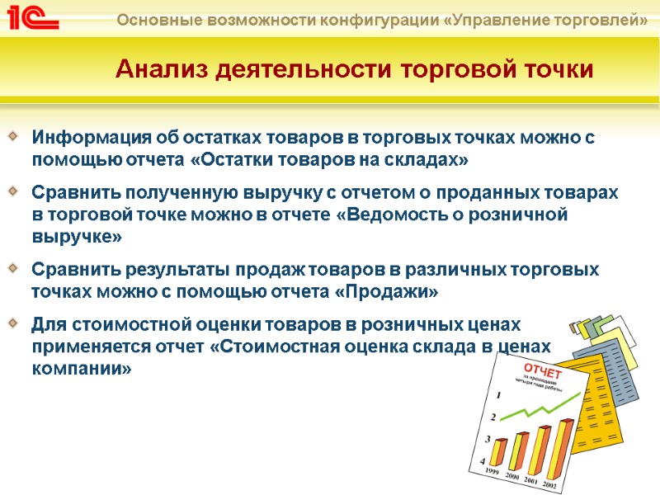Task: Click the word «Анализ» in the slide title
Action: tap(162, 69)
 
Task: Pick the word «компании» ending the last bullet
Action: tap(81, 368)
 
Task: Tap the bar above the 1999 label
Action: tap(498, 453)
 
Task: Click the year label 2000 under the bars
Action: tap(512, 476)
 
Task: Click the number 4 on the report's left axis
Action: tap(483, 463)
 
